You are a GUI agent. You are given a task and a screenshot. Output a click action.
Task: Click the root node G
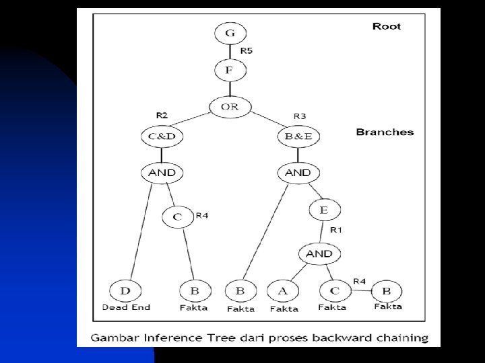click(230, 34)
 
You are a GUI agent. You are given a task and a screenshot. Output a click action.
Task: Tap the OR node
click(230, 106)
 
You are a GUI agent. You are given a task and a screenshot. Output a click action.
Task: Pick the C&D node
click(162, 137)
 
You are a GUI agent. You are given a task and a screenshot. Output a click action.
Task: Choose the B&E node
click(298, 137)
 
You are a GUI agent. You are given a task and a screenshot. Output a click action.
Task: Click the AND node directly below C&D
click(162, 173)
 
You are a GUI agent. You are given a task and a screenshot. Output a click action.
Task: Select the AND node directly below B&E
click(298, 173)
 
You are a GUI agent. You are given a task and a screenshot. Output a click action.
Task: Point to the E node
click(324, 210)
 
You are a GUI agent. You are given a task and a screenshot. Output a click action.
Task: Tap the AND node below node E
click(319, 253)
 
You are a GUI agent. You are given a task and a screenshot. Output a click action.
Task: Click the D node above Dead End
click(125, 291)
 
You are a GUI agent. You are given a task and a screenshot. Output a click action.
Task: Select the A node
click(283, 291)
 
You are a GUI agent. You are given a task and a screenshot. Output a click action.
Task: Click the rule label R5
click(247, 50)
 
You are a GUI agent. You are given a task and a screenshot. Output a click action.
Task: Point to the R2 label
click(162, 115)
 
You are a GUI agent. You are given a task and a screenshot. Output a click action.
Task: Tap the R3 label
click(300, 116)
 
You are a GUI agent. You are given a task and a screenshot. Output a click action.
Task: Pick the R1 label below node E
click(335, 231)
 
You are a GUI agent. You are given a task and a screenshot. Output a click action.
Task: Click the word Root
click(387, 26)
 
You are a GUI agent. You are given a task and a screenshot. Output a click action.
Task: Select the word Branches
click(385, 132)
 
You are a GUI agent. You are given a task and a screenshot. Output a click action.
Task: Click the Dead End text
click(126, 307)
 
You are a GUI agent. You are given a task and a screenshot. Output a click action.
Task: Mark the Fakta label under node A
click(284, 309)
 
